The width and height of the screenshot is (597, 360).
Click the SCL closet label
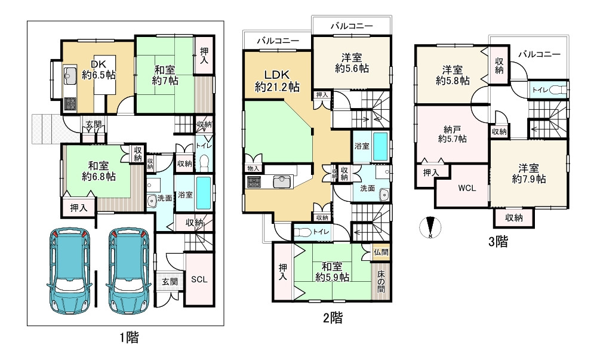click(x=199, y=279)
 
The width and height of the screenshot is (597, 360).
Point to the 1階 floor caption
click(x=129, y=338)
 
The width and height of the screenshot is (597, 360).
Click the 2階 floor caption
click(x=334, y=318)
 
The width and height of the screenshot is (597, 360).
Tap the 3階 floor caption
click(x=498, y=242)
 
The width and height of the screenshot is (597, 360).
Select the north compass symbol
click(x=430, y=228)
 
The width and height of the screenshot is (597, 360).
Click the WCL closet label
click(x=466, y=187)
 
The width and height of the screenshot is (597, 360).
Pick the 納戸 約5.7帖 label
click(x=452, y=134)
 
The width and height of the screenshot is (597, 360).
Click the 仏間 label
click(x=380, y=252)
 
